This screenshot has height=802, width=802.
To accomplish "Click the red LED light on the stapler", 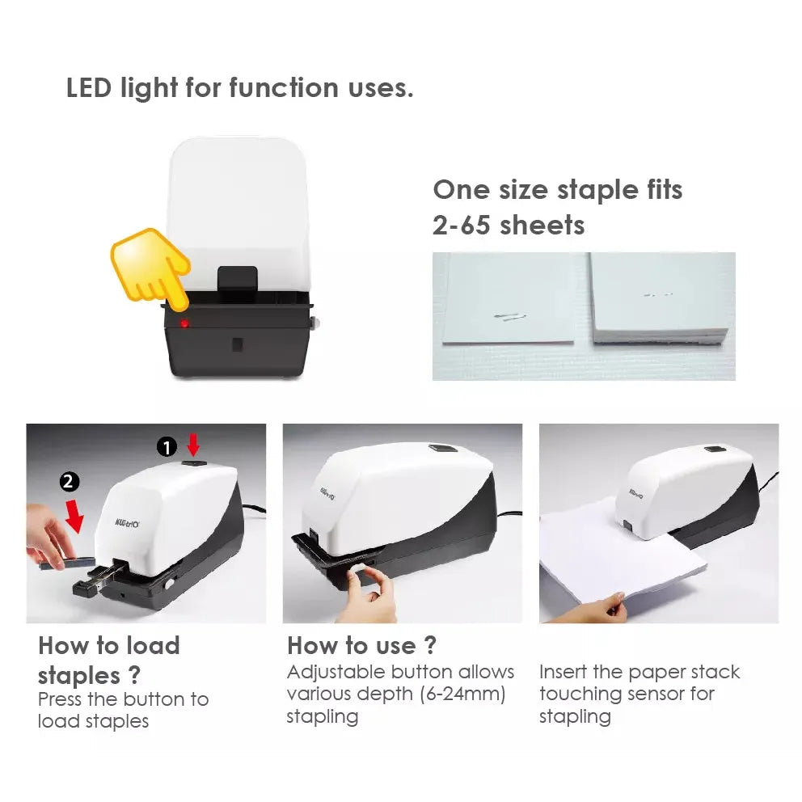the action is [184, 323].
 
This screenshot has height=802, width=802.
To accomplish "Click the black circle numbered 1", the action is [167, 448].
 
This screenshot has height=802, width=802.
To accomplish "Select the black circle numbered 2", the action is [70, 482].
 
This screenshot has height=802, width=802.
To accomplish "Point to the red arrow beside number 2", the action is [74, 517].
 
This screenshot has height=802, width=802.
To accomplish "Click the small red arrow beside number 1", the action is [193, 445].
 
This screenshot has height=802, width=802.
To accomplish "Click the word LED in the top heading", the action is [88, 87].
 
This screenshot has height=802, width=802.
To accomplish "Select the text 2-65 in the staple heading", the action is [462, 225].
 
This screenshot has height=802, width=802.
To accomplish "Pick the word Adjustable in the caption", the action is [328, 673].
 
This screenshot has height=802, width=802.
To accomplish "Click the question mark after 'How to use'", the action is [431, 645].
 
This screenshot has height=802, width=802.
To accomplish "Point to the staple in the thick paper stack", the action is [657, 295].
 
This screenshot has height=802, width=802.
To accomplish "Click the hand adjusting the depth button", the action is [369, 593].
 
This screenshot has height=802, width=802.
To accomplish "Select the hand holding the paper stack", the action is [593, 609].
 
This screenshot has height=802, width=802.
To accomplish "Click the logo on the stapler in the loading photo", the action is [127, 523].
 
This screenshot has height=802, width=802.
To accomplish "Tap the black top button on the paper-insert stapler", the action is [715, 449].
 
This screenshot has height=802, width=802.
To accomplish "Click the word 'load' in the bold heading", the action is [153, 645].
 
